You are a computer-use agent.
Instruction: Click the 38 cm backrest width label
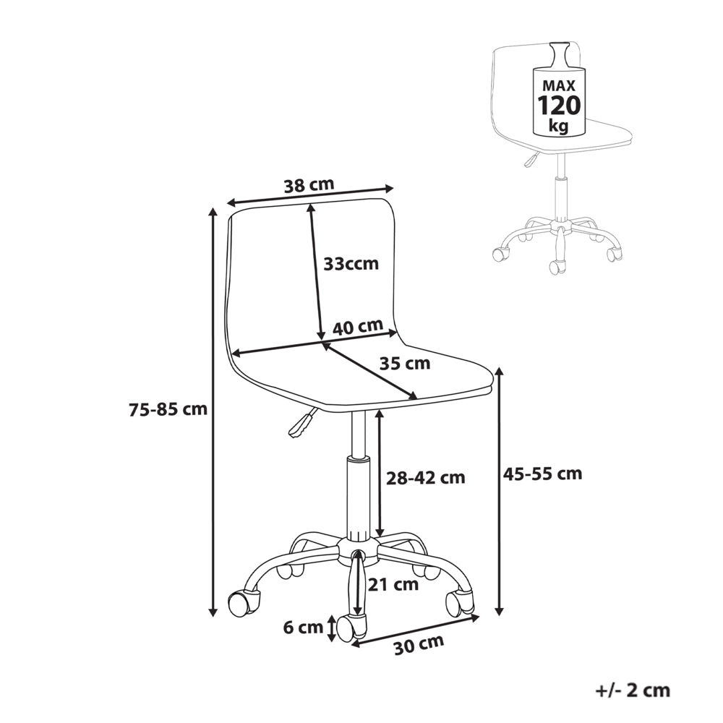coord(309,185)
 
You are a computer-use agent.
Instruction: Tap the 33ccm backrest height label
coord(351,264)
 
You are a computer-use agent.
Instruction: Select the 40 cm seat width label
coord(358,327)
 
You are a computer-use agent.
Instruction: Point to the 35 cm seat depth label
coord(404,364)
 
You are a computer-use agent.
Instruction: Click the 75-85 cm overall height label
coord(168,409)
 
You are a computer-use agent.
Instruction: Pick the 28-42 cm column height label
coord(426,478)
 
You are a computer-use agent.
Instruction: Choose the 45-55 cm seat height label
coord(543,473)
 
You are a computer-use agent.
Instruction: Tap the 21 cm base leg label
coord(393,585)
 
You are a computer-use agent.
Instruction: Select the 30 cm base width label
coord(419,645)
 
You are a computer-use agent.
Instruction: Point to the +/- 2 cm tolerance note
coord(633,690)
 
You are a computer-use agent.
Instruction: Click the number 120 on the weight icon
coord(559,106)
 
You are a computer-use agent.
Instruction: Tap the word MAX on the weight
coord(559,85)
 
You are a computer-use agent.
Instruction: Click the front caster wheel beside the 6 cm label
coord(351,627)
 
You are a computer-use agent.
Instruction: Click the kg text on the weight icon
coord(559,126)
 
